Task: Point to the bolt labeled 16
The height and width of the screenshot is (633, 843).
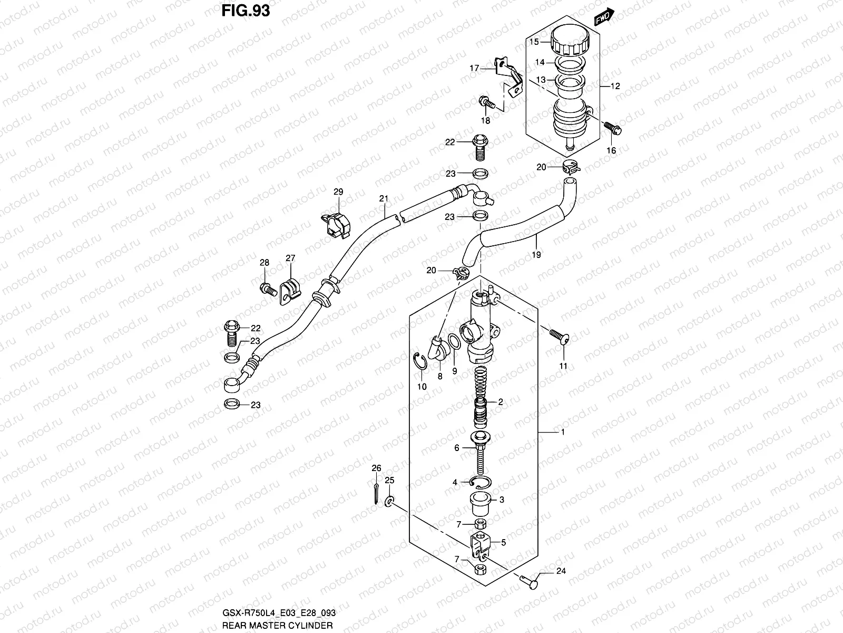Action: (x=613, y=128)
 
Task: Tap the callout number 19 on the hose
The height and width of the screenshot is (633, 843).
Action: (x=537, y=254)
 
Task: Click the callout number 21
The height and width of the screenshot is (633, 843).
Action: (x=384, y=199)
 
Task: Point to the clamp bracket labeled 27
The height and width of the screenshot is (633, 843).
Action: (x=289, y=290)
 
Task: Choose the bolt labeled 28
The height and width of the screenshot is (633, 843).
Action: (x=267, y=288)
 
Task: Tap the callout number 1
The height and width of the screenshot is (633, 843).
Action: (x=563, y=432)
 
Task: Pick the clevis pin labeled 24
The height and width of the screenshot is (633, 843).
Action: (x=527, y=582)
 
